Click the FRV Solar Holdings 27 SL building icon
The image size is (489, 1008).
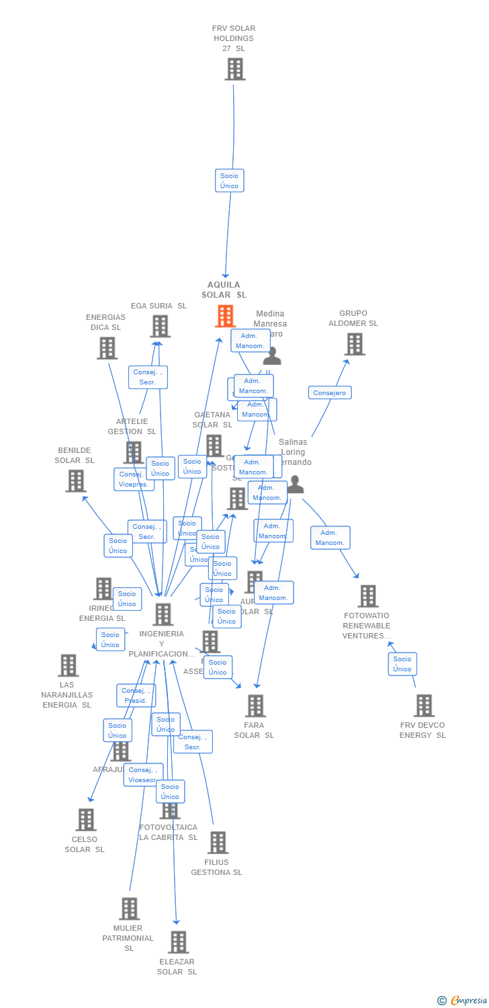click(x=235, y=69)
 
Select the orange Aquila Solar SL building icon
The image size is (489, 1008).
click(x=225, y=316)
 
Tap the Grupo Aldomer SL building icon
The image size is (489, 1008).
click(x=355, y=344)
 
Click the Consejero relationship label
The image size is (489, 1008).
click(x=330, y=392)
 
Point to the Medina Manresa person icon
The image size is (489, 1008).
click(x=272, y=355)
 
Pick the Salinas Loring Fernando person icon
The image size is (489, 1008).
click(x=295, y=485)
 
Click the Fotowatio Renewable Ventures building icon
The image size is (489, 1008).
click(x=367, y=596)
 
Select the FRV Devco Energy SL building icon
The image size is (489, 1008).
click(x=424, y=706)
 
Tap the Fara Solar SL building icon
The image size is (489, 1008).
click(x=255, y=706)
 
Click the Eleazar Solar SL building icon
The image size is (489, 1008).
click(x=178, y=942)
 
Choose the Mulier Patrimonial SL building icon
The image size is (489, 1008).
click(x=129, y=909)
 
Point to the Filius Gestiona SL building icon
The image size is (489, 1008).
click(x=218, y=843)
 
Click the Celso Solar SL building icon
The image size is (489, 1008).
click(x=86, y=820)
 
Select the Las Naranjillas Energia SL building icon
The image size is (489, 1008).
click(x=68, y=665)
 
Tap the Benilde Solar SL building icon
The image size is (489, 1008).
click(x=76, y=480)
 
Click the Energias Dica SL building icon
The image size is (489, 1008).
click(x=107, y=348)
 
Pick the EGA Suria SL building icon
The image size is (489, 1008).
click(x=160, y=327)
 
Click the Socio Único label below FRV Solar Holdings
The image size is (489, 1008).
click(x=229, y=181)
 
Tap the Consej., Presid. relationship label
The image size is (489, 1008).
click(x=136, y=696)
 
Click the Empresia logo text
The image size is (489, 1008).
click(x=468, y=1001)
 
